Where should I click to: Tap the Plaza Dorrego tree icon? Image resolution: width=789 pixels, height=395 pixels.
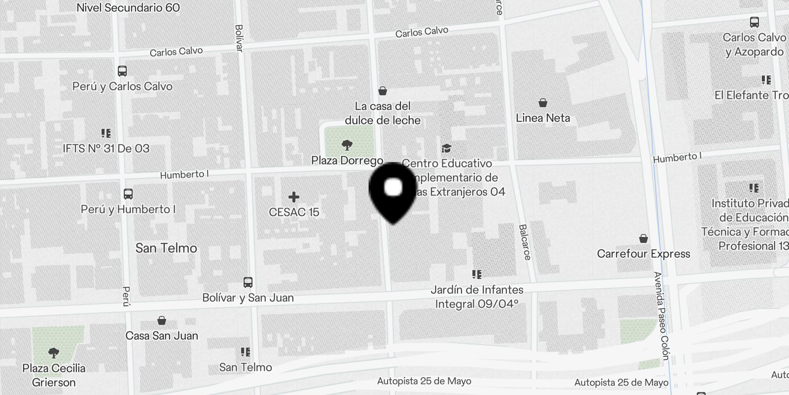pos(347,145)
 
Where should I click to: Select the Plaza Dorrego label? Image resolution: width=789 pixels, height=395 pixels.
pos(347,160)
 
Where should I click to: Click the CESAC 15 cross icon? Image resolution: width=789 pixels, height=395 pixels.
pos(294,197)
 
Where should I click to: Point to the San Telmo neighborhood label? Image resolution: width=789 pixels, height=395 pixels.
pos(166,248)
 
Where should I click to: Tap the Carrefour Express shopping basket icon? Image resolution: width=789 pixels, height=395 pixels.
pos(644,239)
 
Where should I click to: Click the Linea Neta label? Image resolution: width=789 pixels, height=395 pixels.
pos(543,118)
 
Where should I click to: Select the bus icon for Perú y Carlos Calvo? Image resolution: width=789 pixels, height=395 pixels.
pos(122,72)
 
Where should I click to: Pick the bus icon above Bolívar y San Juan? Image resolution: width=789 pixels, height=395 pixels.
pos(248,282)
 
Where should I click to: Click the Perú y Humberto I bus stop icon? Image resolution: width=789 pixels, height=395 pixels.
pos(128,194)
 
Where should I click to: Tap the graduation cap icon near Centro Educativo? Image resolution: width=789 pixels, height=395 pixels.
pos(446,148)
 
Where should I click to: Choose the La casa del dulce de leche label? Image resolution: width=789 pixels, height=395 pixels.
pos(383,113)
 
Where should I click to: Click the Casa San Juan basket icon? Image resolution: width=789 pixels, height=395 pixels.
pos(161,321)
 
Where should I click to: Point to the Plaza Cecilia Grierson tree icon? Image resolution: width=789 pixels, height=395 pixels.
pos(54,353)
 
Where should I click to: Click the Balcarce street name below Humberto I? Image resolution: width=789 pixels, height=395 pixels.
pos(525,242)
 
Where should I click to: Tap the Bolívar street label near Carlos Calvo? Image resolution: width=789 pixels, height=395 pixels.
pos(239,38)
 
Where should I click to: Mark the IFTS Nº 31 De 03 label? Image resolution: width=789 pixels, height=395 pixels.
pos(106,149)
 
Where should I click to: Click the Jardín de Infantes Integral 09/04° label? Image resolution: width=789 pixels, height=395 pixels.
pos(477,297)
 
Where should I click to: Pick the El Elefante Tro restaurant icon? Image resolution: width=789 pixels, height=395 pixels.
pos(766,80)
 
